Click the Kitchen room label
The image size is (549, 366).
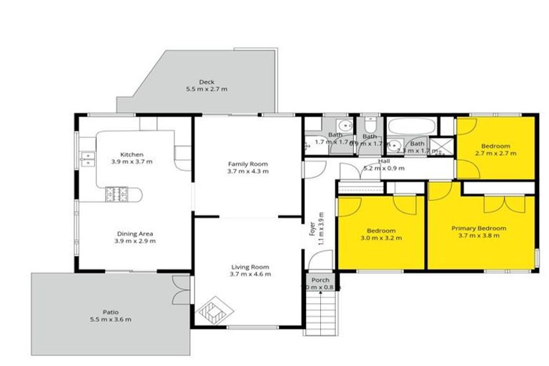(x=132, y=154)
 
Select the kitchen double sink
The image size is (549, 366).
(x=88, y=159)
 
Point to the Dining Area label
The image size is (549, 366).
(x=135, y=233)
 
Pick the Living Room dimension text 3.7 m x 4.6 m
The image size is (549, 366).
(x=249, y=274)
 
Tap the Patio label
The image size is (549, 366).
(x=110, y=312)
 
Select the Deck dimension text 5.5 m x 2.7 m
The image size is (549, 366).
(x=206, y=89)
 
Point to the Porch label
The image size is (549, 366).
(x=320, y=280)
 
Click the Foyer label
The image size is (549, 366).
(x=312, y=229)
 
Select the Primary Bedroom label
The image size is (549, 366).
(x=478, y=228)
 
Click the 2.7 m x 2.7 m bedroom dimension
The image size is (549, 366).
(x=495, y=153)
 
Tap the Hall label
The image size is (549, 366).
(x=383, y=162)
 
